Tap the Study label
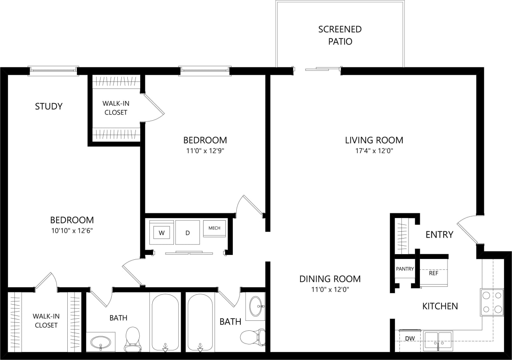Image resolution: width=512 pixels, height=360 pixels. [x=49, y=106]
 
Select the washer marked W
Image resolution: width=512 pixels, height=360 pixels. [x=162, y=233]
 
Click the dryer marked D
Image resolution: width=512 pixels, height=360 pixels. [x=187, y=233]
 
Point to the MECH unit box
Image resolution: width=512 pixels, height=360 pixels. [x=214, y=228]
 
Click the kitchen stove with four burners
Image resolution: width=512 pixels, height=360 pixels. [x=492, y=302]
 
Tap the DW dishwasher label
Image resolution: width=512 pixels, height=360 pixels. [x=409, y=339]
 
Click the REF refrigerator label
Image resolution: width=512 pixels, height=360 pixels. [x=433, y=273]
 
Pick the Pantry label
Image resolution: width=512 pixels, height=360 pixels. [x=405, y=269]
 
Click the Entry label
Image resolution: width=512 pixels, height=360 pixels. [x=439, y=235]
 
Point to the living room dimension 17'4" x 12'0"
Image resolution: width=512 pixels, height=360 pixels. [x=374, y=151]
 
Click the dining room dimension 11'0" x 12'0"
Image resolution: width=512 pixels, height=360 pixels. [x=330, y=290]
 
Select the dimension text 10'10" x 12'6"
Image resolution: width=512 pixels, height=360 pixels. [x=72, y=231]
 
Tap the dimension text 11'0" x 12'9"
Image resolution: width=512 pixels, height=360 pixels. [x=205, y=151]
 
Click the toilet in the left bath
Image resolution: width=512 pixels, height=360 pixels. [x=132, y=339]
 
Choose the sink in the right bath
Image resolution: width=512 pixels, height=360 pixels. [x=256, y=307]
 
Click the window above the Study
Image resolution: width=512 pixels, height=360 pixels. [x=53, y=71]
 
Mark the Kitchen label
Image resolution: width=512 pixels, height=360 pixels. [x=440, y=306]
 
